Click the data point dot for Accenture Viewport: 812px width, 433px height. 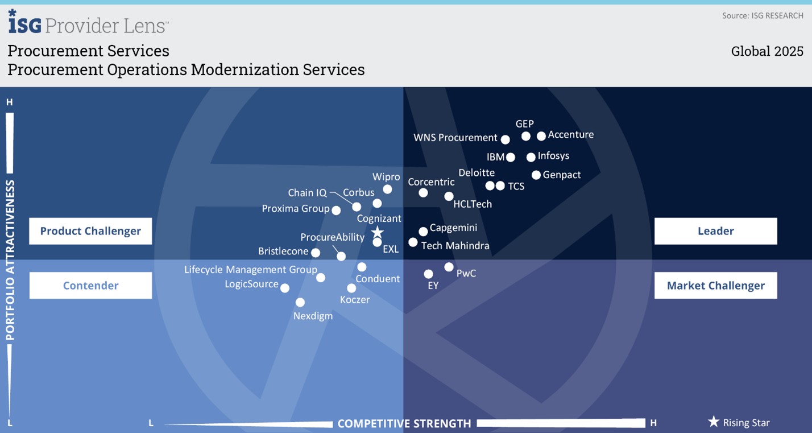tap(541, 136)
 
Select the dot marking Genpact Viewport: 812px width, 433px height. tap(536, 175)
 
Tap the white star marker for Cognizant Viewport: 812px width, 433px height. tap(378, 232)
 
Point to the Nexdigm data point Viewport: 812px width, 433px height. tap(300, 303)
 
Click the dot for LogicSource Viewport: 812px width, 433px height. tap(285, 288)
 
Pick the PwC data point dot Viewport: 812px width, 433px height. tap(449, 267)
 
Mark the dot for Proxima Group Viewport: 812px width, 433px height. tap(336, 211)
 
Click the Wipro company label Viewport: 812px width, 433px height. tap(386, 177)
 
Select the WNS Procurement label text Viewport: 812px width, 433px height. tap(455, 138)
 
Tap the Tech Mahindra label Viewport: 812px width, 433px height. tap(455, 246)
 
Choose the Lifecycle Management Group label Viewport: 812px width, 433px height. tap(251, 270)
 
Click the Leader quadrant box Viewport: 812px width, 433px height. tap(715, 231)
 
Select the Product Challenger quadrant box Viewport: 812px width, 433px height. tap(90, 231)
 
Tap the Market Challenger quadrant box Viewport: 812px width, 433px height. tap(715, 286)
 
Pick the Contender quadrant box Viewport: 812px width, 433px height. tap(90, 286)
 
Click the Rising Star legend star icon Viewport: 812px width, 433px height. tap(714, 422)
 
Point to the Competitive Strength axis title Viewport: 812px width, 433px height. tap(404, 423)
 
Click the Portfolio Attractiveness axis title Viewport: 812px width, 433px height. tap(10, 261)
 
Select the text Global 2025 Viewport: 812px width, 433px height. tap(767, 51)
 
